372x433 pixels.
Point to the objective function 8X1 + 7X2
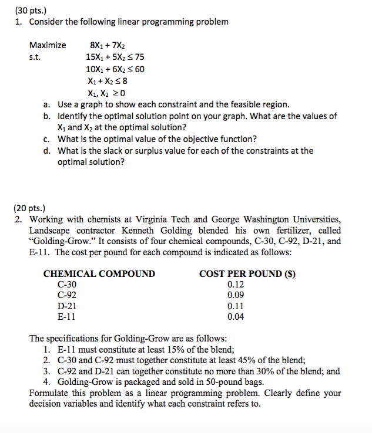[107, 45]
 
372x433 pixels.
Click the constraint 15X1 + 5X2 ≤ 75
[115, 57]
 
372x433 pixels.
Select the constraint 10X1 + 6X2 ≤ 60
[115, 69]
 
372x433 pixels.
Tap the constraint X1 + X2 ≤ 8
[106, 80]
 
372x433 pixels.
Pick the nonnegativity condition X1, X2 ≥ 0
[106, 93]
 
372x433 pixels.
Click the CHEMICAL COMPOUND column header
[99, 273]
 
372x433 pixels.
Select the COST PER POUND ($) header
[246, 273]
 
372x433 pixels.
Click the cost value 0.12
[236, 285]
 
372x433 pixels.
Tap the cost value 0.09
[236, 295]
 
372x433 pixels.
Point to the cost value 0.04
[236, 317]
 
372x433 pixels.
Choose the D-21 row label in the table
[67, 306]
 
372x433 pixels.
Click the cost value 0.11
[236, 306]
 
